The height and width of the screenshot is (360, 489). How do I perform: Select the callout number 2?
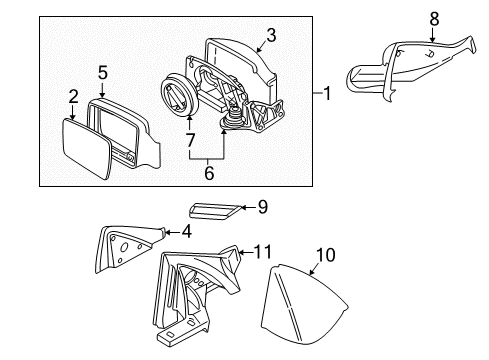tap(73, 96)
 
